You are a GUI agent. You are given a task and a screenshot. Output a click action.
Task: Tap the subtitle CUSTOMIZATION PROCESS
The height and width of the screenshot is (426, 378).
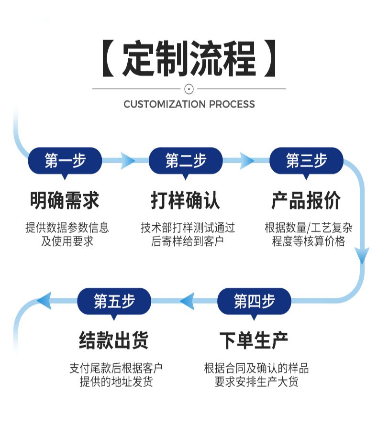pos(189,104)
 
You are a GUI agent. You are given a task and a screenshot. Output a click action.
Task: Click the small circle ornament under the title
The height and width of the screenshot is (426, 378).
pos(189,88)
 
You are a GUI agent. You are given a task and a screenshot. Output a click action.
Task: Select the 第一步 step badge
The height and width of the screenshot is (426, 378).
pos(65,161)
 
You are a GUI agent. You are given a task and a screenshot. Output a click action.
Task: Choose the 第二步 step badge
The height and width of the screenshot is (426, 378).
pos(186,161)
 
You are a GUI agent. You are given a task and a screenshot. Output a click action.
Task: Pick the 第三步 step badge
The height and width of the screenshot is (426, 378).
pos(306,161)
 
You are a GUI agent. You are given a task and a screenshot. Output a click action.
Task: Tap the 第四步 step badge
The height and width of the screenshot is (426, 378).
pos(254,301)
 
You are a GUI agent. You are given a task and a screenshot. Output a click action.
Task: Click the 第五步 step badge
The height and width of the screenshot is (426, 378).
pos(114,301)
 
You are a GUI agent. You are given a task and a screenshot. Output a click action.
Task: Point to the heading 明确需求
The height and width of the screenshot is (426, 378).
pos(65,200)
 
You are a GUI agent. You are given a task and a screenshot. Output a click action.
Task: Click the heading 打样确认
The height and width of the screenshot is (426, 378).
pos(186,200)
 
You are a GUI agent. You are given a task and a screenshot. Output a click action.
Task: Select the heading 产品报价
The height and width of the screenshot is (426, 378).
pos(306,200)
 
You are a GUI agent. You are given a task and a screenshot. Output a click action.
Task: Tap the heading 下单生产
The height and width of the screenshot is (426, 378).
pos(254,341)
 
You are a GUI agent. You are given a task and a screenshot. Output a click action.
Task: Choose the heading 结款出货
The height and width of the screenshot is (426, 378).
pos(114,341)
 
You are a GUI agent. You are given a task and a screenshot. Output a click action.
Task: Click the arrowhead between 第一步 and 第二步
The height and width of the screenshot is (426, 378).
pos(127,161)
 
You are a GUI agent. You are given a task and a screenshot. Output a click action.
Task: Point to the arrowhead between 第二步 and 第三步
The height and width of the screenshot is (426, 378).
pos(247,161)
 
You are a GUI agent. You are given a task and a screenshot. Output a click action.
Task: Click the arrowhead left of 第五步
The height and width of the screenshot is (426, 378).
pos(44,301)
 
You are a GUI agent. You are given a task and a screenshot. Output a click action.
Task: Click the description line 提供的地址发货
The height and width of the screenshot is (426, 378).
pos(116,382)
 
